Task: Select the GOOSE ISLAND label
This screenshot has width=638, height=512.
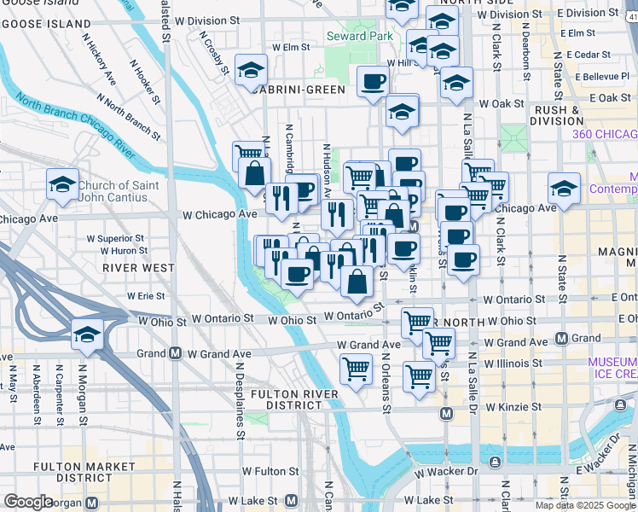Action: click(44, 24)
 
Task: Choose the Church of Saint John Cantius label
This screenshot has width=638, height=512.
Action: click(115, 191)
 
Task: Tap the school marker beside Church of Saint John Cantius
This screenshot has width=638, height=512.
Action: click(62, 185)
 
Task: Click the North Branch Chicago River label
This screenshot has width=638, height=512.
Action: click(77, 130)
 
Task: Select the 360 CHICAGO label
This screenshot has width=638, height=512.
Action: click(604, 134)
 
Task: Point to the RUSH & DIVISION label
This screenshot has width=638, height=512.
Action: click(556, 115)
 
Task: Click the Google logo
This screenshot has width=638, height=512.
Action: click(28, 501)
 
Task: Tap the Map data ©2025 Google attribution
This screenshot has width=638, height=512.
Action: click(585, 505)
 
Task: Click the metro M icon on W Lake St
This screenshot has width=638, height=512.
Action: click(292, 500)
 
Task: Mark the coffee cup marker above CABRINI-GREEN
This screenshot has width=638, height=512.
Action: click(372, 83)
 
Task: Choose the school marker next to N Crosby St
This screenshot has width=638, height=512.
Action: click(251, 71)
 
